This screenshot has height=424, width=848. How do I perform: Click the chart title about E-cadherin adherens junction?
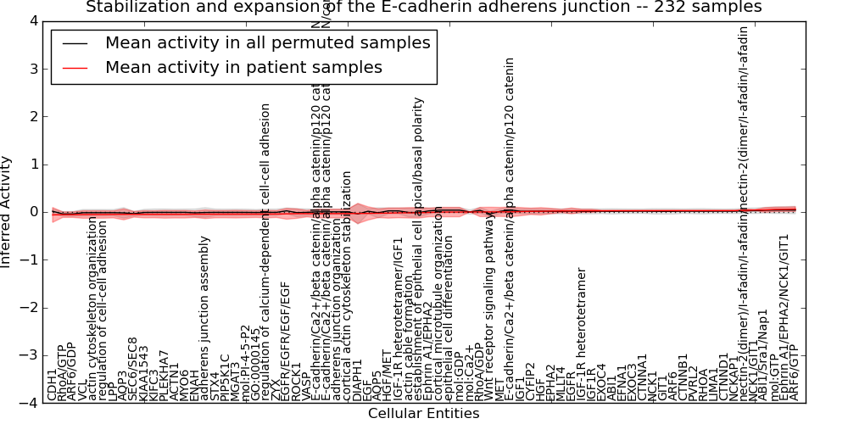[423, 8]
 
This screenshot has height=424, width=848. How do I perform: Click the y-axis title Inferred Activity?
[7, 212]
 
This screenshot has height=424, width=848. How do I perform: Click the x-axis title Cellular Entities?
[423, 414]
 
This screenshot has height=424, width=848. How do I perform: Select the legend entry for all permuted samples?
[267, 42]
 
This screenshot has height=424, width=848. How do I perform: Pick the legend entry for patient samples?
[243, 67]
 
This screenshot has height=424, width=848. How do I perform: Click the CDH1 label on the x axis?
[53, 382]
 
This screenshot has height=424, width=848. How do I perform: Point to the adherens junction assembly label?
[204, 330]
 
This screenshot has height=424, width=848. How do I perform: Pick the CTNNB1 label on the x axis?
[683, 377]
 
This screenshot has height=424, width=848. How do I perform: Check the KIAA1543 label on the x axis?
[144, 374]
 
